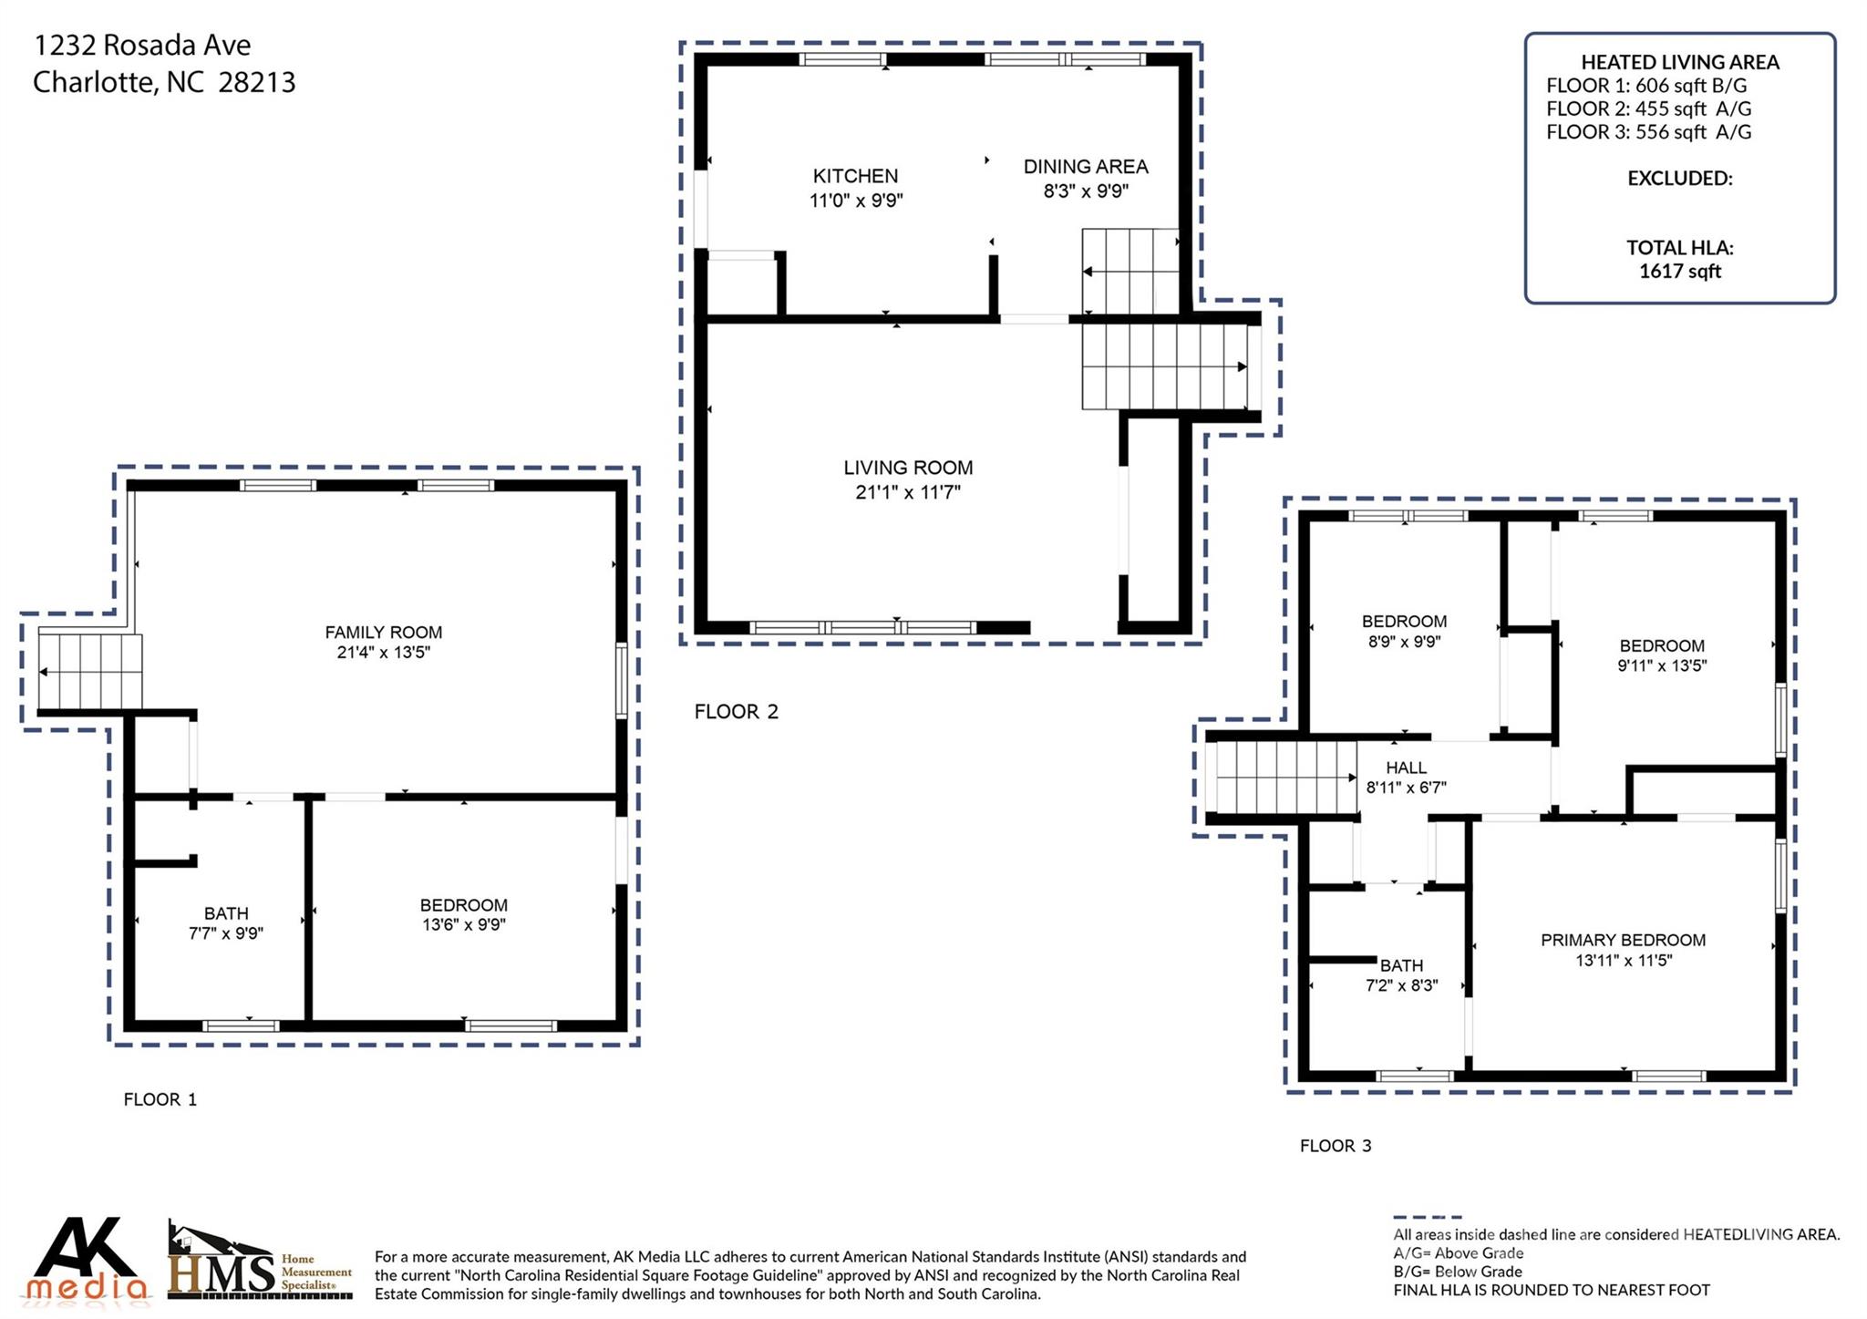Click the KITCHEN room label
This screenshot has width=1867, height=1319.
(855, 176)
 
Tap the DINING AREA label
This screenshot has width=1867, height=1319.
(1085, 167)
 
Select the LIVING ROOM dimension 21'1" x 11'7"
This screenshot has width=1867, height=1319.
(908, 492)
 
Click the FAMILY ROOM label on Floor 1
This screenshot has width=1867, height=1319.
(383, 632)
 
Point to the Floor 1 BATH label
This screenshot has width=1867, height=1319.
(226, 912)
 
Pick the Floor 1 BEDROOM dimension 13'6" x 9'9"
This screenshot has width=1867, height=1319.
(463, 924)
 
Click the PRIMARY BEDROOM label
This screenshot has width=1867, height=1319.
(1623, 940)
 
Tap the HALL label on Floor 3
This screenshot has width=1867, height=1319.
(1406, 768)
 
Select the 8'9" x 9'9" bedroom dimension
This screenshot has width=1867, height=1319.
(1404, 641)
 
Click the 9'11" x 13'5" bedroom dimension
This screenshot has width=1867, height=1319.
(1662, 665)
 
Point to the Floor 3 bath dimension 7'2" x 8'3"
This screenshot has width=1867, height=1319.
(1401, 984)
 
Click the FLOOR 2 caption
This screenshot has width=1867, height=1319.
(736, 711)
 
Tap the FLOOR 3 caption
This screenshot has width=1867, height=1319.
(1335, 1145)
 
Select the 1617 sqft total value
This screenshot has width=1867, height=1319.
(1679, 271)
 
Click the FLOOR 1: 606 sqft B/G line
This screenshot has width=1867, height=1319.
(1646, 86)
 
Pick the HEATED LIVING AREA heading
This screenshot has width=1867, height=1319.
(1679, 62)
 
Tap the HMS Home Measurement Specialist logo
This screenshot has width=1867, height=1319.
(260, 1262)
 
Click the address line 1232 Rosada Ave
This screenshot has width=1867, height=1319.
(142, 45)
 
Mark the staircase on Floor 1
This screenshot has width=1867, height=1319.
(90, 672)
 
